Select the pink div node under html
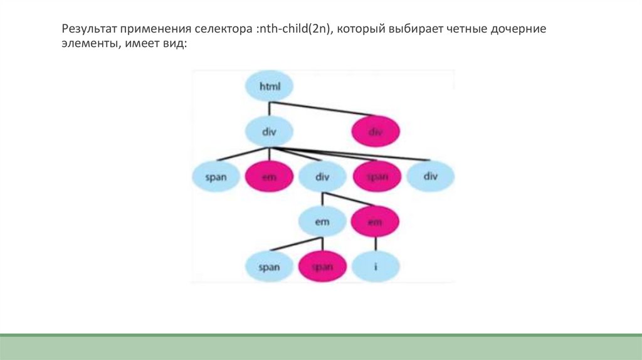point(375,132)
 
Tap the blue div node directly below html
point(269,132)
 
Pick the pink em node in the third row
point(269,177)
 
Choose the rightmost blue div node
point(430,176)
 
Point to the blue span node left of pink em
point(215,177)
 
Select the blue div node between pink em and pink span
point(322,177)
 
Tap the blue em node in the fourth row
point(322,221)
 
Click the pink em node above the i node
point(375,221)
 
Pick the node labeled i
point(375,267)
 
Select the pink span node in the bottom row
point(322,267)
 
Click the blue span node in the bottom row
point(269,267)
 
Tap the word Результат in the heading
point(88,30)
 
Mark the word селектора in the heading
point(225,30)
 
